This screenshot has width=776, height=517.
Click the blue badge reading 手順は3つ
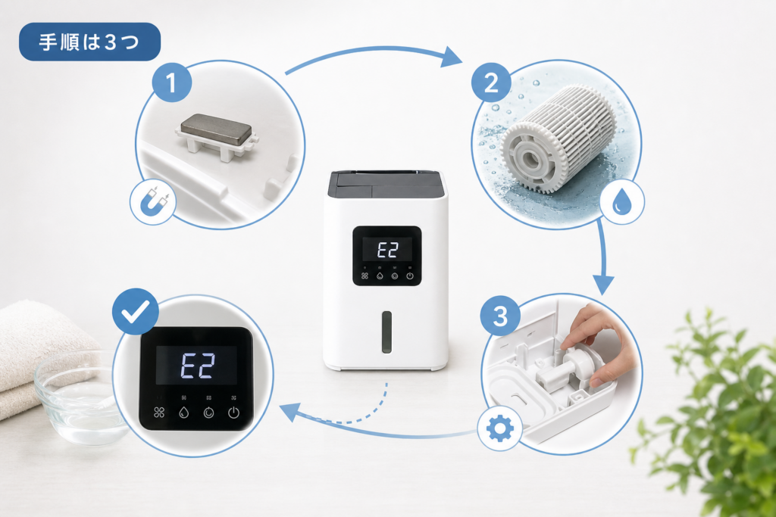point(89,42)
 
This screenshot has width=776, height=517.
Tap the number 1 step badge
point(171,82)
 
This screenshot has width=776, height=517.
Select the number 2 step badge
point(491,83)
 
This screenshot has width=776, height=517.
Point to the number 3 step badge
point(500,316)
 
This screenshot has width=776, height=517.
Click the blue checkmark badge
point(136,311)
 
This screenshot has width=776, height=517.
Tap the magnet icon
point(153,201)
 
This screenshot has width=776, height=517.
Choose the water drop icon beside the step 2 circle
point(621,201)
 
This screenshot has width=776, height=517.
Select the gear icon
point(500,428)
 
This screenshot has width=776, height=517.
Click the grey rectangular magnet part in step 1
point(216,129)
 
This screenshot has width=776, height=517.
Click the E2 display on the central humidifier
point(387,250)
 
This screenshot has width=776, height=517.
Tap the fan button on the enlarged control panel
point(159,413)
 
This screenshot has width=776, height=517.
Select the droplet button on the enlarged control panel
point(183,413)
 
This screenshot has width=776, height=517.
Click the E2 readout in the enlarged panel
point(197,366)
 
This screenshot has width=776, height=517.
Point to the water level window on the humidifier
point(386,332)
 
